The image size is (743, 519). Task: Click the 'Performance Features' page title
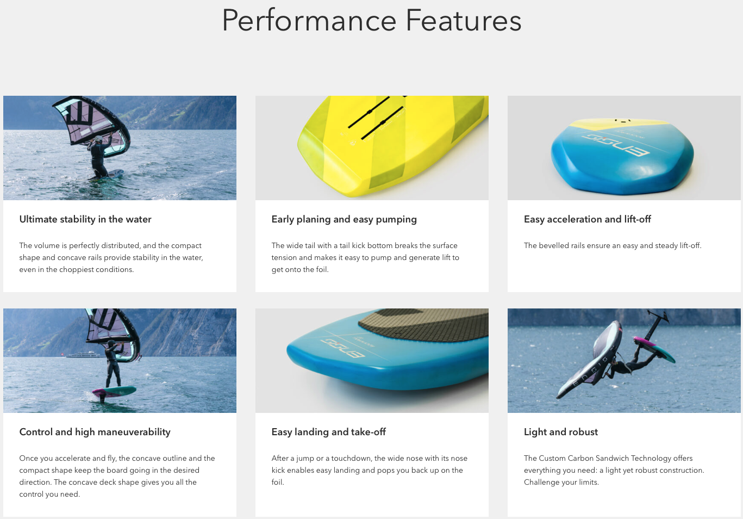point(372,21)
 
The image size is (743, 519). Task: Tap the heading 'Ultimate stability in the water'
point(85,219)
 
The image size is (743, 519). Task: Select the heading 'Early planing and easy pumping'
point(344,219)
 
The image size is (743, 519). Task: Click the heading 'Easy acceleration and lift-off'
point(587,219)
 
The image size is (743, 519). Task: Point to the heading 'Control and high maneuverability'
point(95,432)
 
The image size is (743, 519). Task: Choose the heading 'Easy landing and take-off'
point(328,431)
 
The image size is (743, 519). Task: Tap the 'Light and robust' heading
point(560,431)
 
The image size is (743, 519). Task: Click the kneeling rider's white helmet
point(98,139)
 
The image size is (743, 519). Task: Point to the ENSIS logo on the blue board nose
point(342,347)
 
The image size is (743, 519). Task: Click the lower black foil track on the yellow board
point(382,123)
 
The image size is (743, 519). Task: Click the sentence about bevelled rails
point(613,246)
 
